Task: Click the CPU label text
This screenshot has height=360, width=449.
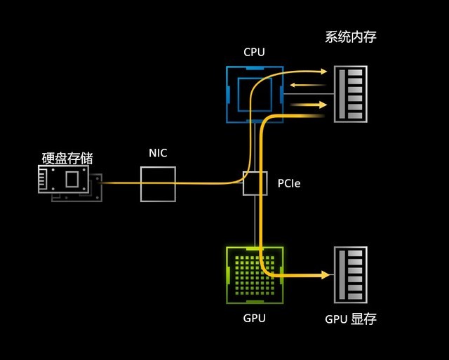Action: [254, 52]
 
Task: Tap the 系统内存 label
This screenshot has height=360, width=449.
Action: [351, 37]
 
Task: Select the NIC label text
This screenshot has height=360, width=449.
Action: [158, 153]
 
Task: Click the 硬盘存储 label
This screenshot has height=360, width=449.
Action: [67, 158]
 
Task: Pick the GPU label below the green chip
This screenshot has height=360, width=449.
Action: [254, 318]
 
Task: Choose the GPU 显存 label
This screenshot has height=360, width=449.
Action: [351, 319]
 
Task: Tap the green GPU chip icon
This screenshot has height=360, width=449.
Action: [254, 275]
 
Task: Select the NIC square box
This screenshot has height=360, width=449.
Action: [158, 184]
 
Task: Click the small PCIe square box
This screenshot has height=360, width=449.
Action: [255, 183]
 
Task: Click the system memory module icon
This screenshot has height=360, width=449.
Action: [351, 94]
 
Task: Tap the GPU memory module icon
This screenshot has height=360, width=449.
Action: [351, 275]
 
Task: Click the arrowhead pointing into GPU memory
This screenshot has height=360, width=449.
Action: [324, 275]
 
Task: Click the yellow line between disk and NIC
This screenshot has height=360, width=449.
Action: [121, 182]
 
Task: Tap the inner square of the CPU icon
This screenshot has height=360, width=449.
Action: [254, 94]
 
